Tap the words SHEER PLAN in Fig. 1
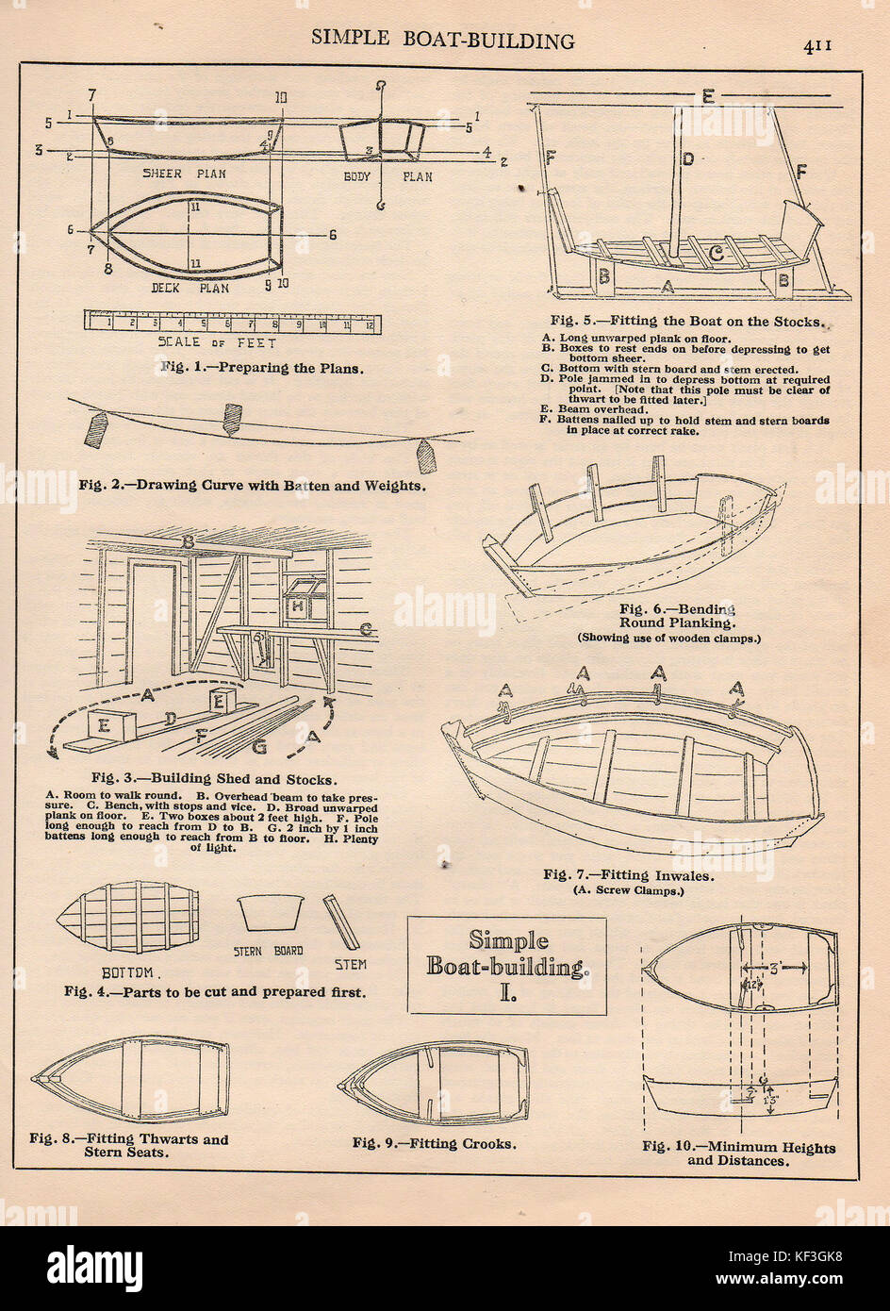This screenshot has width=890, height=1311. pos(183,174)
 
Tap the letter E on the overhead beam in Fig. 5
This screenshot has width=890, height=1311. pos(708,95)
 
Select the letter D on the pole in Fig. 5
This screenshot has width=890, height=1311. pos(688,158)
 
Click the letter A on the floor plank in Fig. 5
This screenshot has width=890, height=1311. pos(667,285)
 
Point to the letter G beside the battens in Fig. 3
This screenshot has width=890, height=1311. pos(258,749)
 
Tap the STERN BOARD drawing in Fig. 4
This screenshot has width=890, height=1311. pos(272,913)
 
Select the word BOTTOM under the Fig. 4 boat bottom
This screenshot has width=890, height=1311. pos(133,971)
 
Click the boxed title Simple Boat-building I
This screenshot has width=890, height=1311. pos(506,965)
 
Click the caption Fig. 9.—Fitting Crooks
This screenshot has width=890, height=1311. pos(434,1143)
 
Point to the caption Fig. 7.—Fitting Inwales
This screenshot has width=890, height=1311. pos(628,874)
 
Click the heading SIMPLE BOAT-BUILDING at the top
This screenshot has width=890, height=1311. pos(442,41)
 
